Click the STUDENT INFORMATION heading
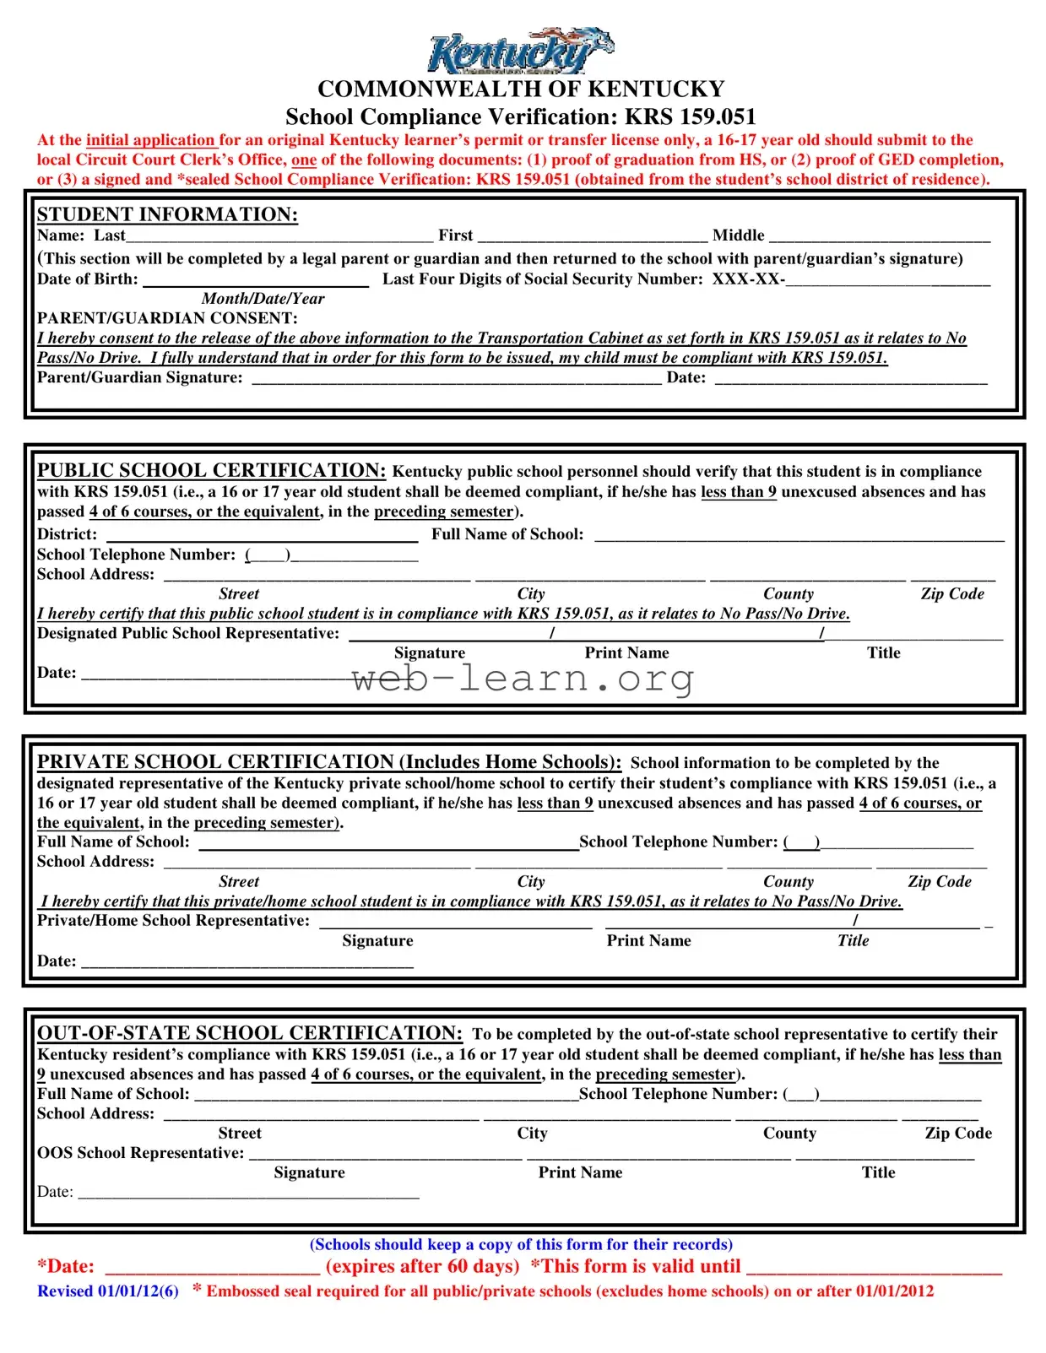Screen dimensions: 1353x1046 [x=167, y=214]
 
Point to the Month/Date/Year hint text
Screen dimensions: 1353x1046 [x=263, y=299]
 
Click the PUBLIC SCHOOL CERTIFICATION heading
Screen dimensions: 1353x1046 [x=211, y=470]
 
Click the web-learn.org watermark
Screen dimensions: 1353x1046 [x=523, y=679]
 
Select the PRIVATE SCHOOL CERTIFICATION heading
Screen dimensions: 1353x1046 [x=329, y=761]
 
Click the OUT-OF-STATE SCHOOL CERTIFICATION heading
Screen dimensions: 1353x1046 [x=249, y=1033]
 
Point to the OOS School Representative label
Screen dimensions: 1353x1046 [x=140, y=1153]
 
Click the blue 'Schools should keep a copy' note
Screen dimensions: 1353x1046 [x=521, y=1244]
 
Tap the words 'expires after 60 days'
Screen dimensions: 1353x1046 [x=422, y=1266]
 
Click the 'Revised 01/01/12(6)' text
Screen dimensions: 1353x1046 [x=108, y=1291]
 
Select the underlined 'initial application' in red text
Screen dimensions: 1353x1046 [x=151, y=140]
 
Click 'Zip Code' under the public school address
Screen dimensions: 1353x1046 [x=952, y=594]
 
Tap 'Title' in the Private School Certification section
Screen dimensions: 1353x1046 [x=853, y=940]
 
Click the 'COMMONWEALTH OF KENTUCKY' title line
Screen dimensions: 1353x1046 [x=521, y=89]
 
